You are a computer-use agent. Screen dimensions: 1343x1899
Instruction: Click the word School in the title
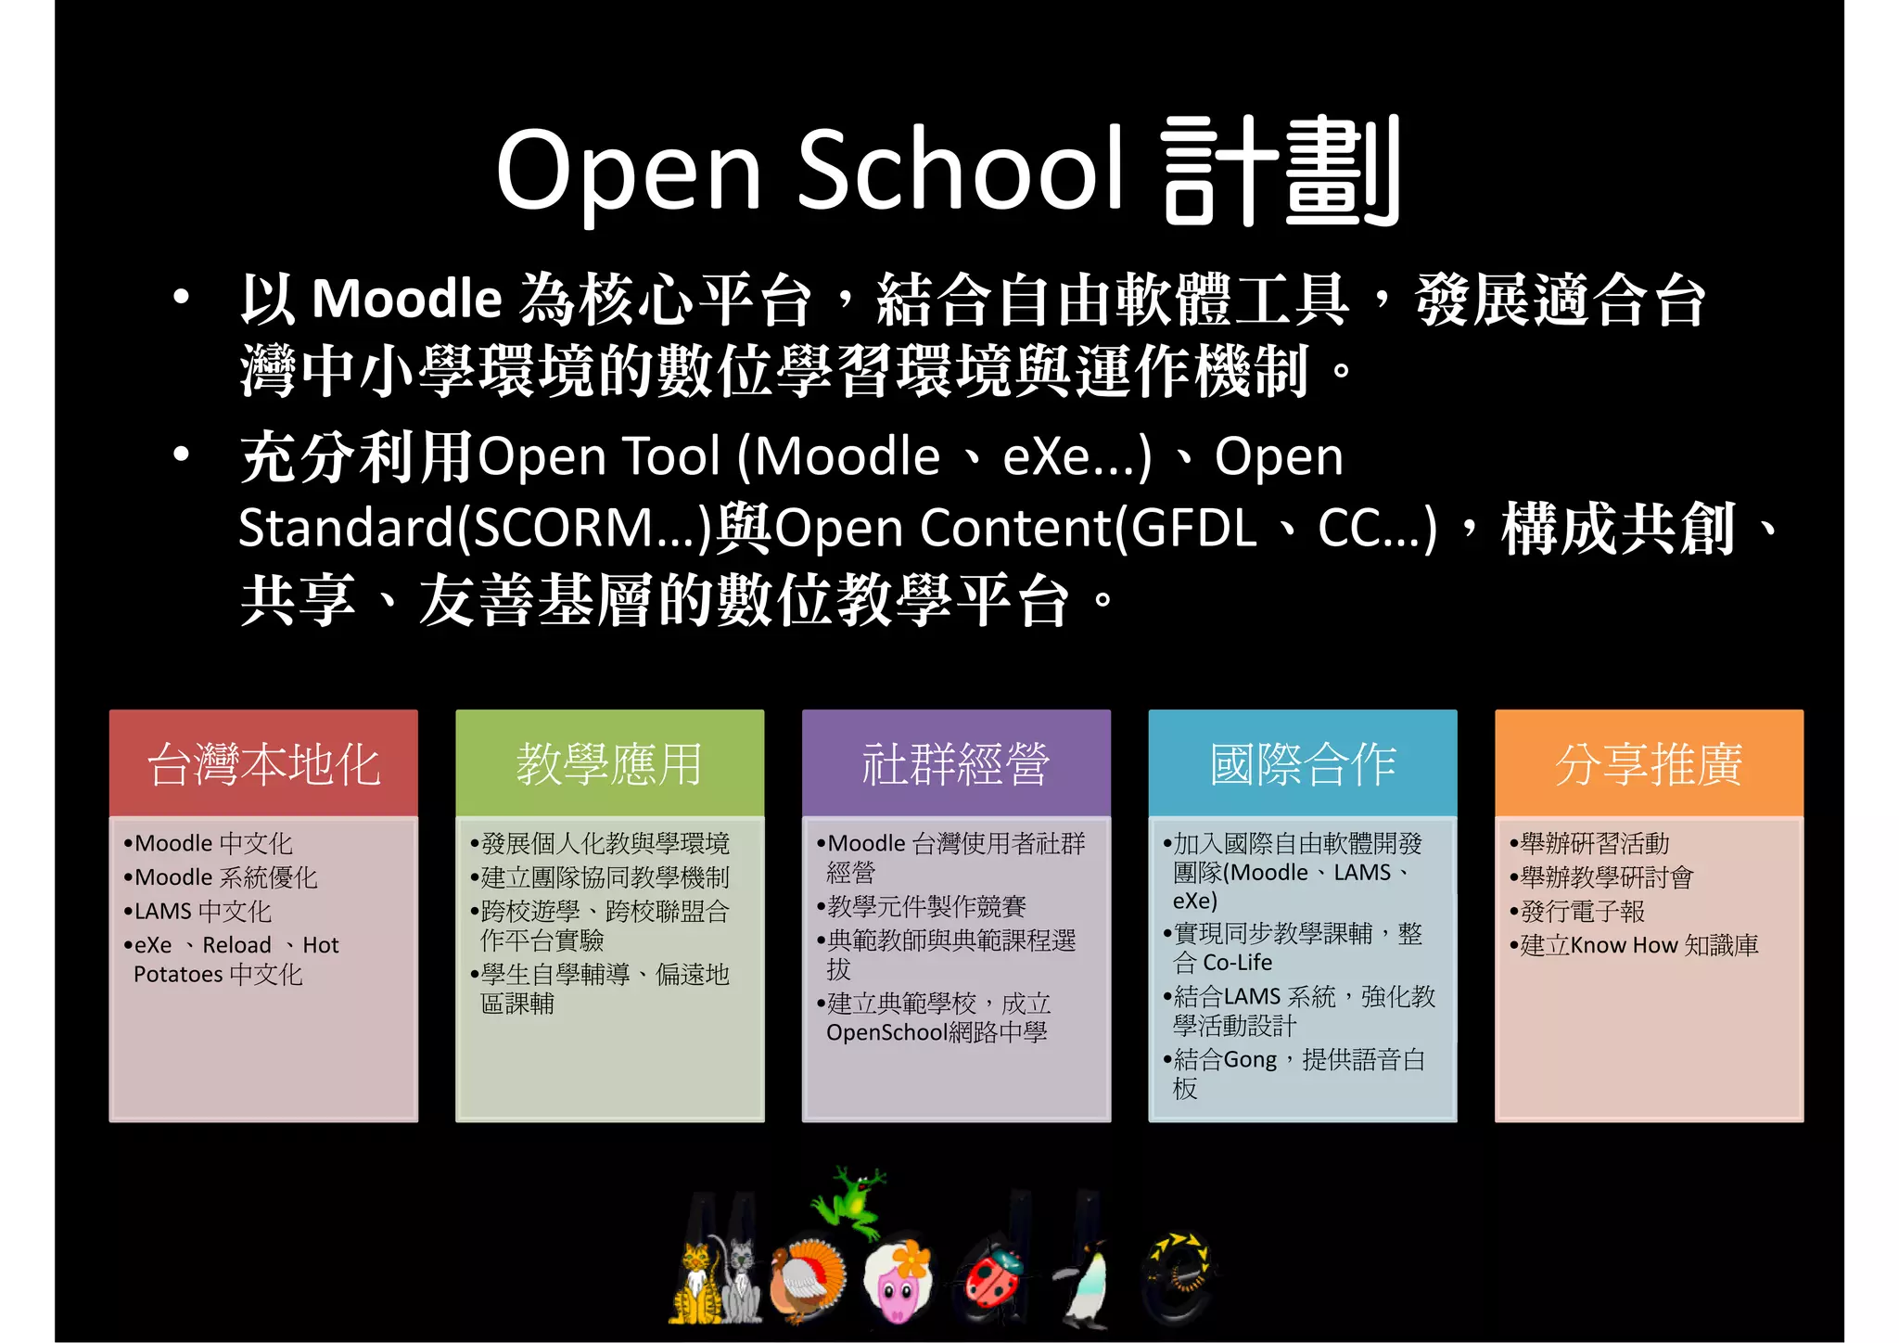[x=960, y=169]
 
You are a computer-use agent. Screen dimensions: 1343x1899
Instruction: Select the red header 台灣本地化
[x=263, y=764]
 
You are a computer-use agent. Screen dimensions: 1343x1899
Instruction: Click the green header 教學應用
[x=609, y=764]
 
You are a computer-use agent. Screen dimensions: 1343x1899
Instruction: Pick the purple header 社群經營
[x=956, y=764]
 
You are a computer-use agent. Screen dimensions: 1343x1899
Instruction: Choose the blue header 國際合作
[x=1303, y=764]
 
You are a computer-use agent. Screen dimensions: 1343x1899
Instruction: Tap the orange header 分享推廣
[x=1649, y=764]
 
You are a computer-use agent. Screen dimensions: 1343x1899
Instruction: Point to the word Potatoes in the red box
[x=178, y=975]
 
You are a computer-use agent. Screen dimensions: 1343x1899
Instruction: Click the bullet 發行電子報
[x=1582, y=912]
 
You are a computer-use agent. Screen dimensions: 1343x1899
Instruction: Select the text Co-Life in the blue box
[x=1237, y=963]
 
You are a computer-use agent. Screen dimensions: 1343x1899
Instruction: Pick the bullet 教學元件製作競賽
[x=926, y=906]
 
